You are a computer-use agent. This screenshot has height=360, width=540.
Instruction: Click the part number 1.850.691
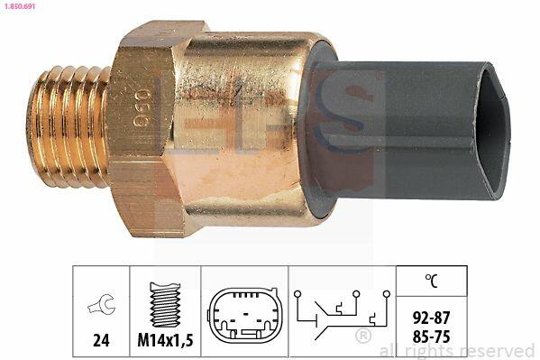[x=18, y=6]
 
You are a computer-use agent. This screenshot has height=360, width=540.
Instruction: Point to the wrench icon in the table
[x=101, y=304]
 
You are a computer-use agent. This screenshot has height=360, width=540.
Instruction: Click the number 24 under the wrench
[x=101, y=339]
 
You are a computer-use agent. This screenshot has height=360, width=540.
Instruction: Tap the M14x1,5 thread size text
[x=165, y=340]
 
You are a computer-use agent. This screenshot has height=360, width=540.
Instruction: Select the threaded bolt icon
[x=165, y=304]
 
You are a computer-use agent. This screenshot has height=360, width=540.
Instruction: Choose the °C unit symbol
[x=431, y=281]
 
